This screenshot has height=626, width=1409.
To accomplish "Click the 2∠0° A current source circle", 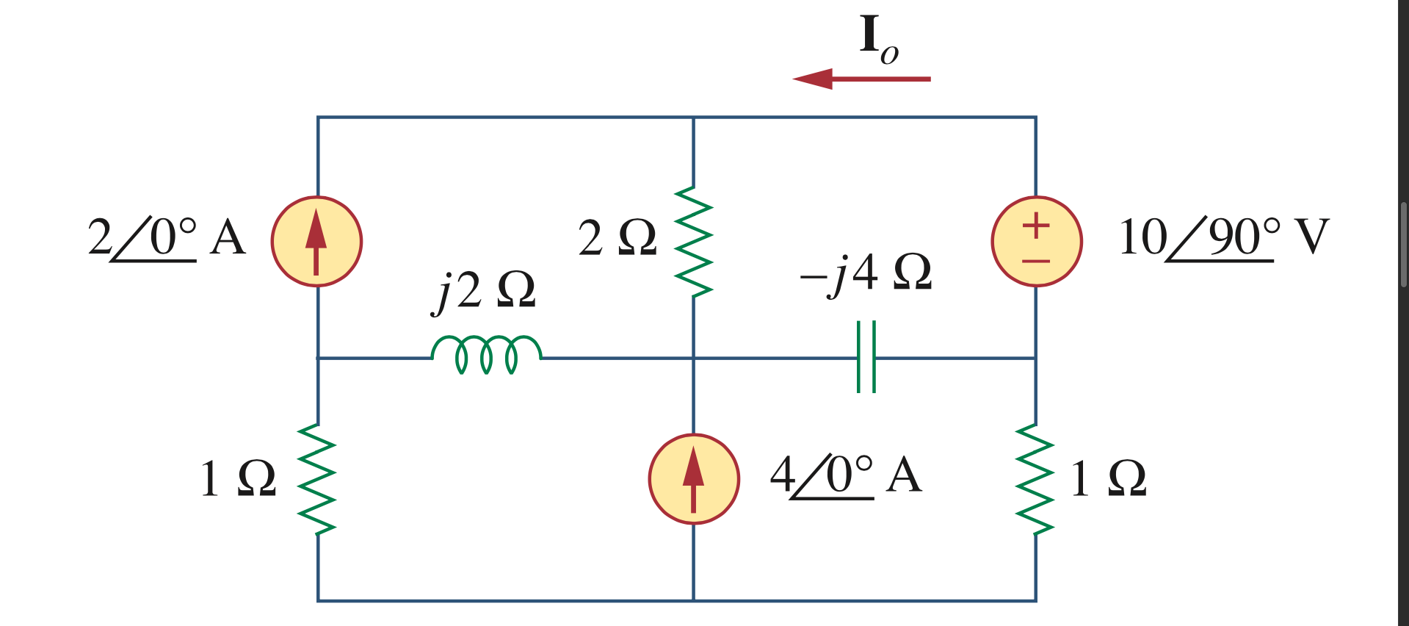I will pyautogui.click(x=316, y=241).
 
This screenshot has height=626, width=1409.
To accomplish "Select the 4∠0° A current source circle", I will pyautogui.click(x=693, y=479).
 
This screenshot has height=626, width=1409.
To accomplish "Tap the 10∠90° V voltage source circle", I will pyautogui.click(x=1036, y=241).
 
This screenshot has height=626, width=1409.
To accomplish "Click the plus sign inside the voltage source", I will pyautogui.click(x=1036, y=225).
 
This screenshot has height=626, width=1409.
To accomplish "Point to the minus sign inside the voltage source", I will pyautogui.click(x=1036, y=261).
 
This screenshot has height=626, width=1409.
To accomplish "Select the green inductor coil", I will pyautogui.click(x=486, y=353).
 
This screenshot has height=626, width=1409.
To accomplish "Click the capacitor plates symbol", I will pyautogui.click(x=866, y=357).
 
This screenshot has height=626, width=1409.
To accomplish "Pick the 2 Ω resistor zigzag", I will pyautogui.click(x=693, y=241).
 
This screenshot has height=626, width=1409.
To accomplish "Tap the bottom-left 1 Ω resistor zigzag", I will pyautogui.click(x=317, y=478).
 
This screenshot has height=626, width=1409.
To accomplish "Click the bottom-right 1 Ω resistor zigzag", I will pyautogui.click(x=1035, y=478).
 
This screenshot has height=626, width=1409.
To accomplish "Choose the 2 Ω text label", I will pyautogui.click(x=617, y=238).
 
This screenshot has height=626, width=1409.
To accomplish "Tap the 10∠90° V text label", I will pyautogui.click(x=1223, y=238).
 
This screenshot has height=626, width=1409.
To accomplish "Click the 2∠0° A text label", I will pyautogui.click(x=166, y=238).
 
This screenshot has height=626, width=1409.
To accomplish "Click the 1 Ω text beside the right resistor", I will pyautogui.click(x=1108, y=479).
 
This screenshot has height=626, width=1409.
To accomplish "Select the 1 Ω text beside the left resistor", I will pyautogui.click(x=238, y=479).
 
